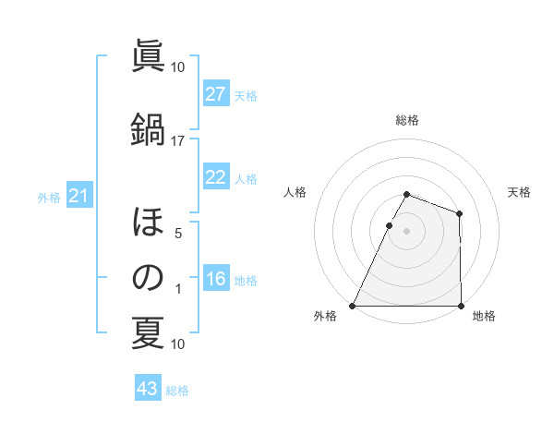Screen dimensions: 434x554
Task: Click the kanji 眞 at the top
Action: [x=148, y=58]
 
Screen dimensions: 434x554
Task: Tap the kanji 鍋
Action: [x=148, y=129]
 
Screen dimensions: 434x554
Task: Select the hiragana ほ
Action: [x=148, y=223]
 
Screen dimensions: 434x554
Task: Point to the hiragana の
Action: [x=148, y=277]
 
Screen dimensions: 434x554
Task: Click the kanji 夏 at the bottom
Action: [x=148, y=334]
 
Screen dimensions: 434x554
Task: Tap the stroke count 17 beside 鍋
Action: [x=178, y=140]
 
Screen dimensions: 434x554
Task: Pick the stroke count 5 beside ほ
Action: [x=178, y=234]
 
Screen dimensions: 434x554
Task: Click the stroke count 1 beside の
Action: [x=178, y=290]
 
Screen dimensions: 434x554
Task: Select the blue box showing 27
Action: [x=216, y=94]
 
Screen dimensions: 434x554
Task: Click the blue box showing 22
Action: [x=216, y=177]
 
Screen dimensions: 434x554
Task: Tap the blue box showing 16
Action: [x=216, y=279]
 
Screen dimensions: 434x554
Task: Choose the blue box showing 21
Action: [x=79, y=196]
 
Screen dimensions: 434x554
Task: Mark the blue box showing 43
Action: [x=148, y=390]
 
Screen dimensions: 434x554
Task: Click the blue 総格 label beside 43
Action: [x=177, y=391]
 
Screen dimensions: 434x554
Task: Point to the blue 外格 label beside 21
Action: [x=49, y=197]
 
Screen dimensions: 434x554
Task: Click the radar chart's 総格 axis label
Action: [x=406, y=120]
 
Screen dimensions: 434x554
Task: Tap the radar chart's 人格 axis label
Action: [x=295, y=192]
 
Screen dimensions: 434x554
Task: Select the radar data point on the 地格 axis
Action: [x=460, y=306]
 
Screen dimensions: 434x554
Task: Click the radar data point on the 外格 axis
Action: [x=353, y=306]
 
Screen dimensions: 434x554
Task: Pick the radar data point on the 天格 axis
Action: [x=459, y=214]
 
